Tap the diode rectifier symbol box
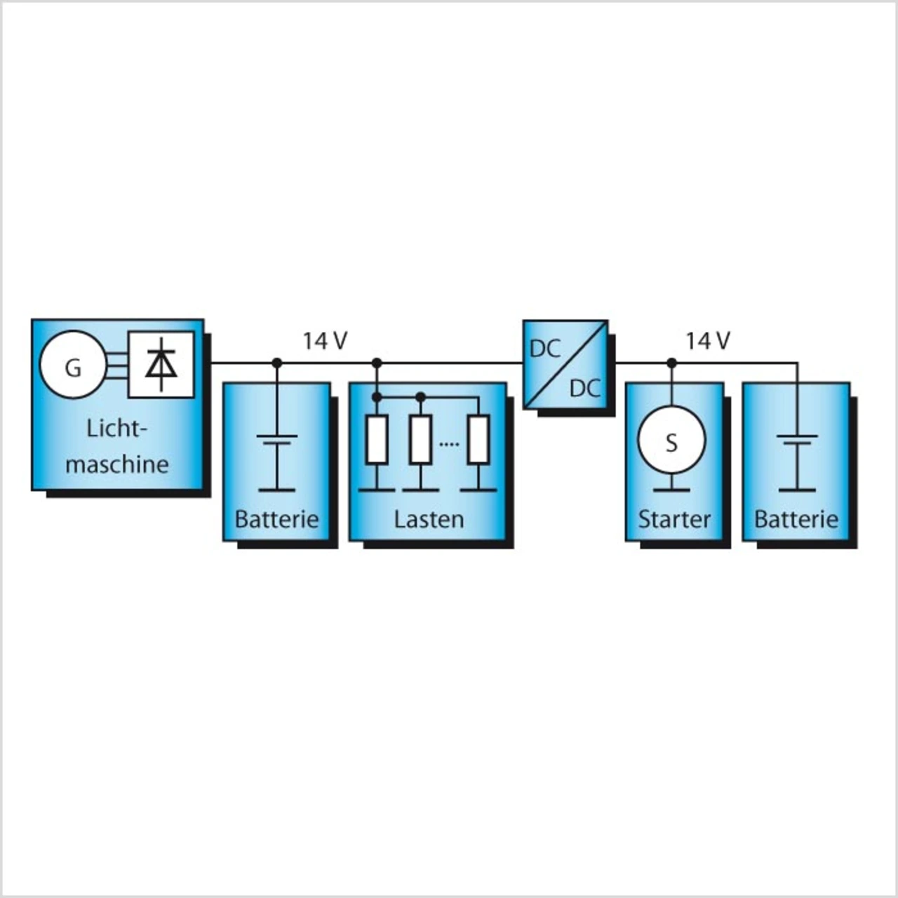[x=161, y=364]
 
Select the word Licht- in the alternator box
[x=118, y=429]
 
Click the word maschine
[x=117, y=464]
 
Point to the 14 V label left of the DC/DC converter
[x=325, y=341]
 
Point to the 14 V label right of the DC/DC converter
[x=708, y=341]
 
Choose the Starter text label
[x=674, y=519]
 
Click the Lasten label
[x=429, y=519]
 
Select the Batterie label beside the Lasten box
[x=276, y=519]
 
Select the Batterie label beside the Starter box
[x=796, y=519]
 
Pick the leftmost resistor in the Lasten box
[x=377, y=439]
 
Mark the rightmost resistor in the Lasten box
[x=478, y=439]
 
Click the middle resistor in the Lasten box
[x=420, y=439]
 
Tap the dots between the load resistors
[x=449, y=444]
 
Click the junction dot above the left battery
[x=277, y=363]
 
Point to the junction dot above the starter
[x=671, y=363]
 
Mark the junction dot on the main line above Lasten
[x=377, y=363]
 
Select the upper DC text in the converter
[x=546, y=349]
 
